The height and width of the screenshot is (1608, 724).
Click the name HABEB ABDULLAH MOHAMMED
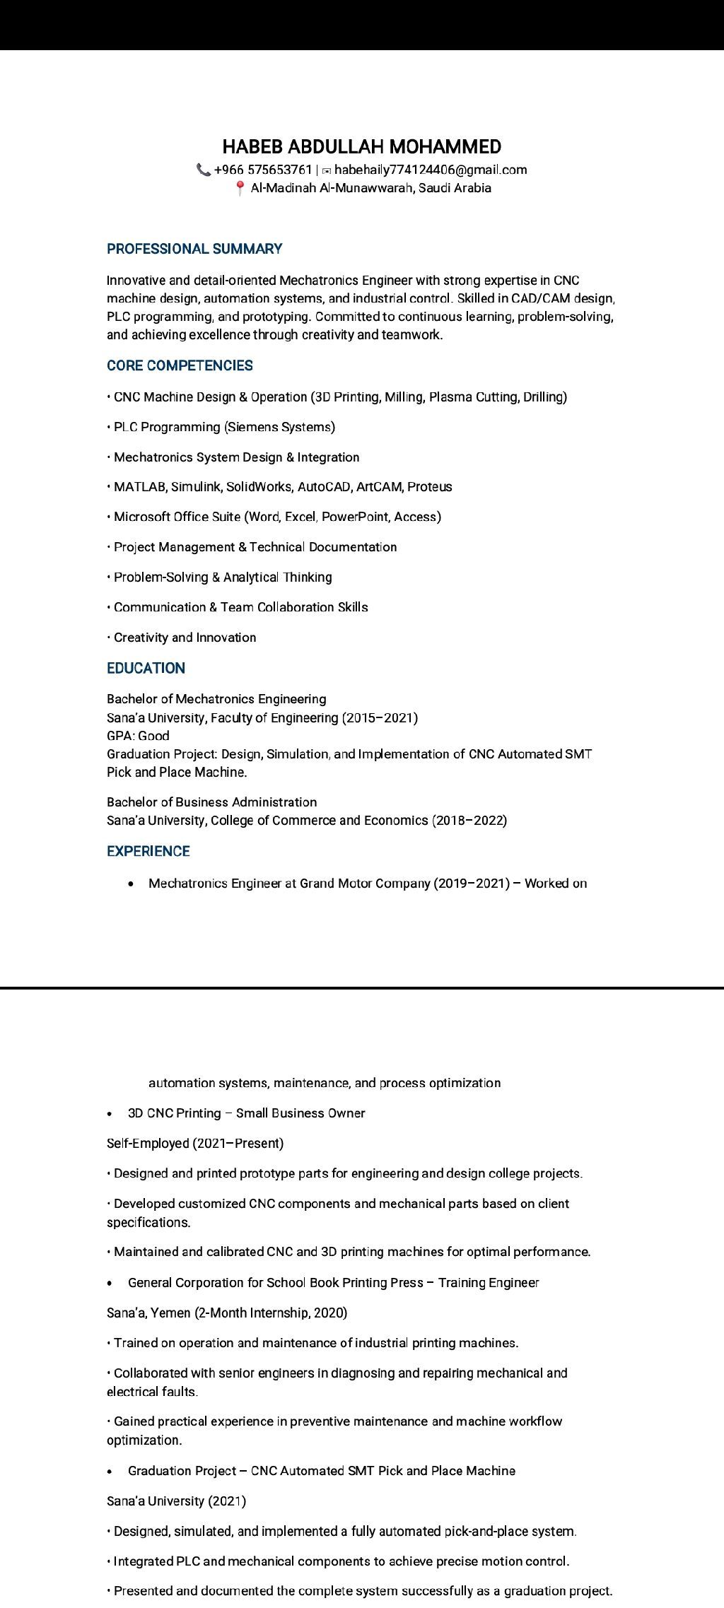click(361, 147)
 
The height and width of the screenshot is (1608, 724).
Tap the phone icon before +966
click(204, 170)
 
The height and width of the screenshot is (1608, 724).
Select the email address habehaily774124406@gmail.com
click(430, 170)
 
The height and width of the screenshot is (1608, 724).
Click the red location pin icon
click(240, 188)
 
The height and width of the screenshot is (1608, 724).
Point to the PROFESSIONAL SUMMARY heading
click(194, 249)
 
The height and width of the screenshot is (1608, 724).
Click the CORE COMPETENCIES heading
click(180, 365)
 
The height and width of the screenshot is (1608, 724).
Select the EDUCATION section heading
click(146, 668)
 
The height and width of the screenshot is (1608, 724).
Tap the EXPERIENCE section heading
click(148, 851)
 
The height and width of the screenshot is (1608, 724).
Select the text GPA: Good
click(138, 736)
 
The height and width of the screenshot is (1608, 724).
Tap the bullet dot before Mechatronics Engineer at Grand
click(132, 884)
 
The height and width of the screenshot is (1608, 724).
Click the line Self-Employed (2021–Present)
click(195, 1143)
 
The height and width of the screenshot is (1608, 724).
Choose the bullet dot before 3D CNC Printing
click(110, 1114)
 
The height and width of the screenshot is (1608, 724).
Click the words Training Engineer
click(489, 1283)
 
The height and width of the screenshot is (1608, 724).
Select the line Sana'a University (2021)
click(176, 1501)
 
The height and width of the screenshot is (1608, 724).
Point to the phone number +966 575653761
click(263, 170)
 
